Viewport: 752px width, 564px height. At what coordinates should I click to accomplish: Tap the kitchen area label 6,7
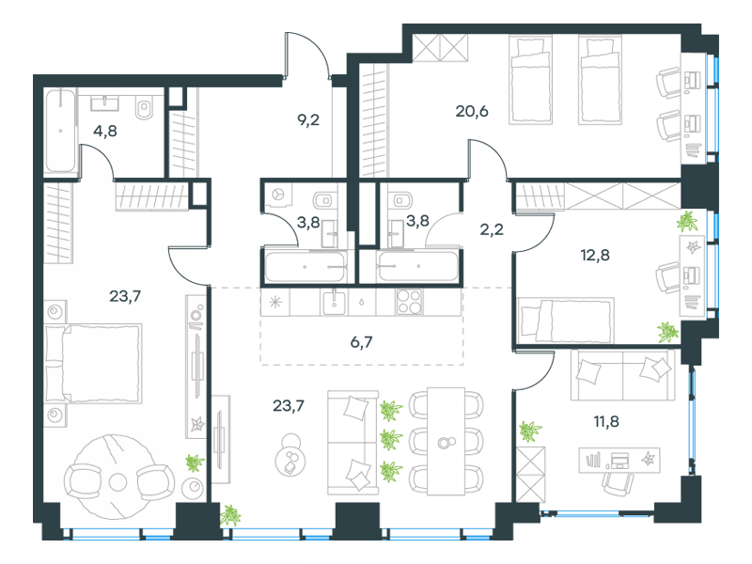[x=362, y=345]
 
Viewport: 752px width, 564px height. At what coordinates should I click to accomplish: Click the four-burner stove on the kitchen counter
[x=410, y=302]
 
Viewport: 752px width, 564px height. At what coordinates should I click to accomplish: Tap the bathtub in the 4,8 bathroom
[x=60, y=131]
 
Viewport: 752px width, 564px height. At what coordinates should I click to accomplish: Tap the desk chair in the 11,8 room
[x=618, y=481]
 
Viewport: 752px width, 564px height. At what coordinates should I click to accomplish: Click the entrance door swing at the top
[x=306, y=55]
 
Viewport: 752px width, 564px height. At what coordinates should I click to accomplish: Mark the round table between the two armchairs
[x=117, y=481]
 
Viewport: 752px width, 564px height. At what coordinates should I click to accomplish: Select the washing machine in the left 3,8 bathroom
[x=279, y=196]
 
